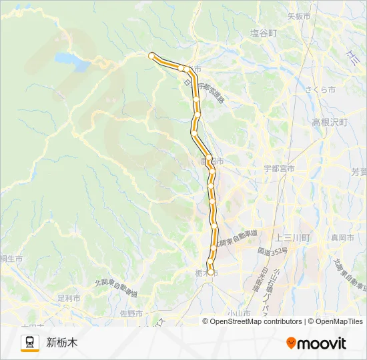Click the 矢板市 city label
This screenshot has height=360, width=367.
tap(298, 16)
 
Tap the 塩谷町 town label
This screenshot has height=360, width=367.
tap(263, 33)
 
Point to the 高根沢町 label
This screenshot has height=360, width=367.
tap(330, 123)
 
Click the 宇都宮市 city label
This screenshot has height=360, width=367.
tap(279, 169)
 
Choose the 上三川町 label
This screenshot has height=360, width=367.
tap(293, 237)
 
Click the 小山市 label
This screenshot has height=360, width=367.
tap(238, 313)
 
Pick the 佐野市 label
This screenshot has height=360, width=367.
tap(131, 313)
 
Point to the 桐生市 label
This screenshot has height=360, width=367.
tap(11, 259)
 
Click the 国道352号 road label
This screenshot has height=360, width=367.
tap(272, 251)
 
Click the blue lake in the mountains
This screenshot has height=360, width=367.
tap(73, 61)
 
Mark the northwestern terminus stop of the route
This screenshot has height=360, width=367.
tap(152, 56)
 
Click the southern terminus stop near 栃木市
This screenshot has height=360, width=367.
tap(211, 272)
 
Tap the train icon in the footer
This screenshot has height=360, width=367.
tap(30, 343)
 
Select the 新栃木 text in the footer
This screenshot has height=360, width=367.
tap(62, 343)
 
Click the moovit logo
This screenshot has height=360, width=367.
tap(316, 343)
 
